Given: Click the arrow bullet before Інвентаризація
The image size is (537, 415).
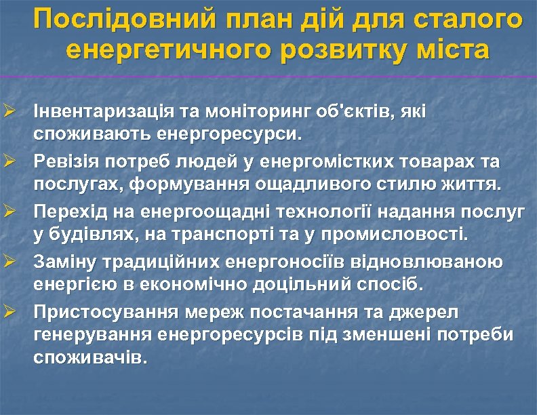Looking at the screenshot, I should (x=9, y=110).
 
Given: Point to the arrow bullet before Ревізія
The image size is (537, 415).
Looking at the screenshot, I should (x=9, y=162).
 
